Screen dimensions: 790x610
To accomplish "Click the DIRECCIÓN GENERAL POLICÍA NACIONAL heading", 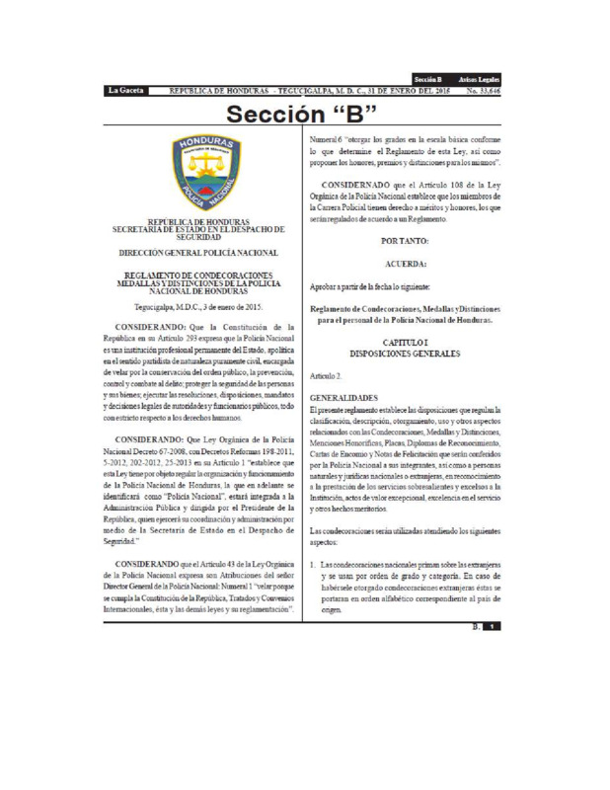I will click(202, 255).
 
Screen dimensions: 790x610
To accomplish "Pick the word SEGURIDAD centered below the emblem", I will click(202, 237).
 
